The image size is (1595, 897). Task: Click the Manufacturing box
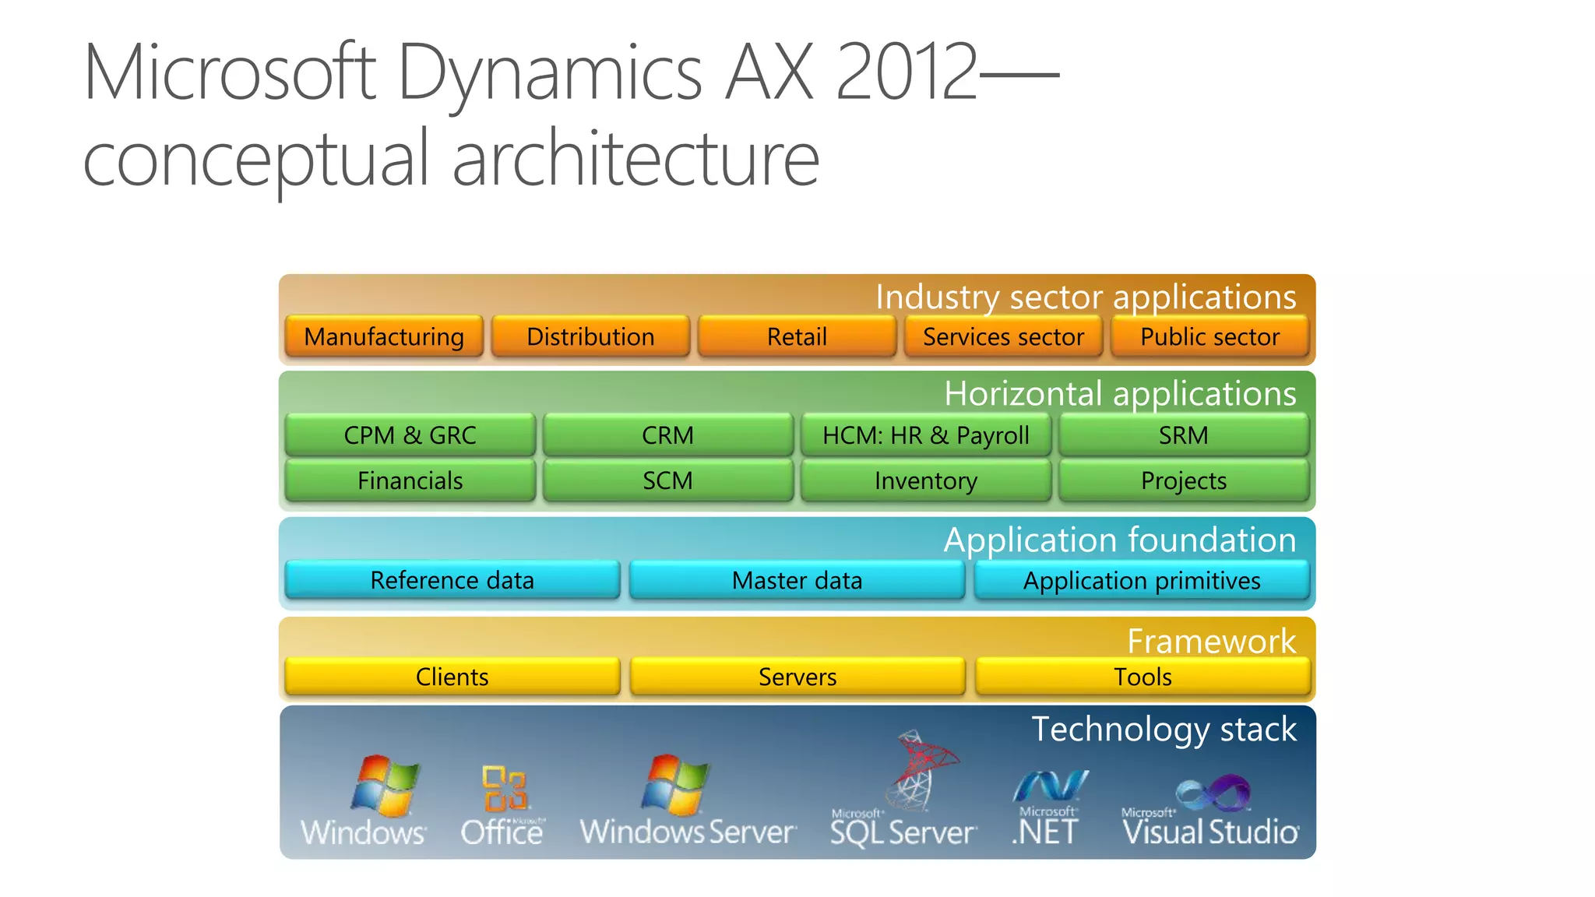(384, 336)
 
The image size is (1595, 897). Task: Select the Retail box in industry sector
(797, 336)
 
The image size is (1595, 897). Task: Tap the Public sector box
(1209, 336)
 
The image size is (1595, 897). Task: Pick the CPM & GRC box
(410, 434)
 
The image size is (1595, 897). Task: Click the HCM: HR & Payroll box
(926, 434)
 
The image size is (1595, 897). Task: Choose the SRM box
(1183, 434)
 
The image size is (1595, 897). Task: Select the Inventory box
(926, 480)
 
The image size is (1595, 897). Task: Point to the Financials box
(410, 480)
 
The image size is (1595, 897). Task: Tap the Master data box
(797, 580)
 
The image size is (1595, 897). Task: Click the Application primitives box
(1142, 580)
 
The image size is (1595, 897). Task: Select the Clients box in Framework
(452, 676)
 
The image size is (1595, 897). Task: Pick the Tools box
(1143, 676)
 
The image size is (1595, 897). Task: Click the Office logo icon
(505, 788)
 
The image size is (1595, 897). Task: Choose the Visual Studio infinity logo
(1213, 793)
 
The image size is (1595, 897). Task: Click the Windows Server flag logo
(675, 783)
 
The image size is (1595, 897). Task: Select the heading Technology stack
(1164, 730)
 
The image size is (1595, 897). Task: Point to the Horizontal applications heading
(1120, 393)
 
